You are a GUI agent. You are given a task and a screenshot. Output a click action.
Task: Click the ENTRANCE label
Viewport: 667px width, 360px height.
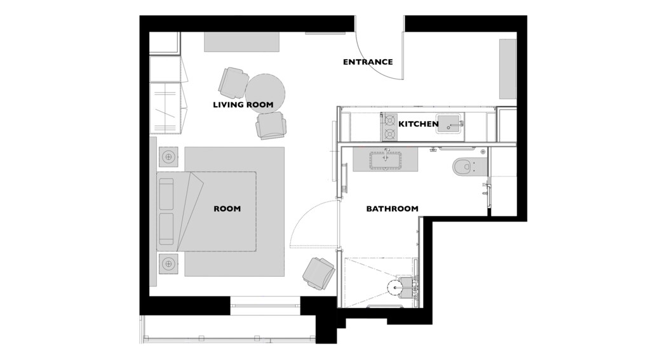click(x=368, y=62)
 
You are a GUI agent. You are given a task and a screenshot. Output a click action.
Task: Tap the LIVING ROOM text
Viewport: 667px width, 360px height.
click(x=243, y=105)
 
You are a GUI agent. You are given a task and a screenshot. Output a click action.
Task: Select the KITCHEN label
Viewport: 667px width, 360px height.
click(x=418, y=124)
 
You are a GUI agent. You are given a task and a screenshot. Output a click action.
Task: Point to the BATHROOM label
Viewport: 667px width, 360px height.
click(x=392, y=209)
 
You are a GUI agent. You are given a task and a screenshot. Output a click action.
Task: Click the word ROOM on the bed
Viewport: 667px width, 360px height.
click(x=227, y=209)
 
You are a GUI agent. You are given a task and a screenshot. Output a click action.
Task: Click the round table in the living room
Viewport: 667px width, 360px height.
click(x=265, y=93)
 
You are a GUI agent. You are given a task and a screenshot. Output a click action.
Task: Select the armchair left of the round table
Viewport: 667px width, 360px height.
click(x=233, y=82)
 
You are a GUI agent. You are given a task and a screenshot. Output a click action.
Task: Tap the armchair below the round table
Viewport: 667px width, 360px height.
click(x=271, y=125)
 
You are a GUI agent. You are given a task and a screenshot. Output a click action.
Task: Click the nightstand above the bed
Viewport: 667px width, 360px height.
click(x=169, y=157)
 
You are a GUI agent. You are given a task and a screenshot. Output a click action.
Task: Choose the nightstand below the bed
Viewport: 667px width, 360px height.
click(x=169, y=264)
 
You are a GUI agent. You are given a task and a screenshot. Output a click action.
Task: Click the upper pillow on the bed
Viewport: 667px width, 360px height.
click(x=166, y=194)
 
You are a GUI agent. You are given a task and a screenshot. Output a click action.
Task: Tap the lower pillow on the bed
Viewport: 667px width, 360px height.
click(x=166, y=229)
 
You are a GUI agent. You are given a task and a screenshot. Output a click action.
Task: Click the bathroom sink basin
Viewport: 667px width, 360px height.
click(x=386, y=161)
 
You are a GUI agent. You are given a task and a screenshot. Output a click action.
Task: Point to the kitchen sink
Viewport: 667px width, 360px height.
click(x=448, y=124)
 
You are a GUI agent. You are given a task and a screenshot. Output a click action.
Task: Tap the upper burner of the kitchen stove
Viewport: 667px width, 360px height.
click(x=389, y=120)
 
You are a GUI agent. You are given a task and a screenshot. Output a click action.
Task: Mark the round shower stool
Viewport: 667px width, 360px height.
click(x=396, y=287)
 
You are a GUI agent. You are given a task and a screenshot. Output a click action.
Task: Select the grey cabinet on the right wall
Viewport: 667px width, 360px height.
click(x=508, y=69)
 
